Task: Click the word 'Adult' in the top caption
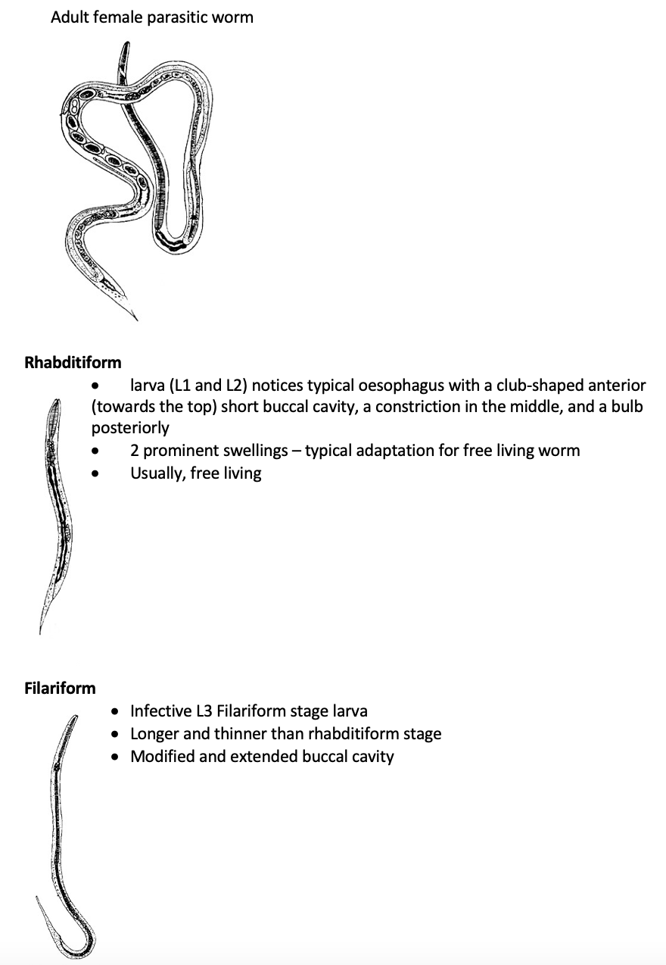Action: point(70,17)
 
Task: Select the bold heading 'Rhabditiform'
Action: point(73,362)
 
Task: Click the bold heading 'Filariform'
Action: point(61,688)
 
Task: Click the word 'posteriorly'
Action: point(130,427)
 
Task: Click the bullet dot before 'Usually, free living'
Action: point(95,474)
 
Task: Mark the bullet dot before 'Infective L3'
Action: point(114,712)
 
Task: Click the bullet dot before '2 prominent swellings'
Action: point(95,451)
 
